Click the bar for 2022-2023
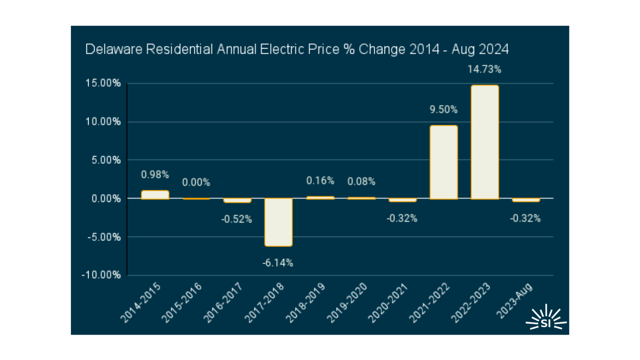point(485,142)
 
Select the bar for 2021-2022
point(443,162)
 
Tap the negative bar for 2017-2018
point(278,222)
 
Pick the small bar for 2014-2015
point(155,195)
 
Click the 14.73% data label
point(484,69)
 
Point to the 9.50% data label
point(443,110)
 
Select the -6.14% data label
point(278,263)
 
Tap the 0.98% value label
point(155,175)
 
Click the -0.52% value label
point(237,219)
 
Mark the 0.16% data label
point(320,181)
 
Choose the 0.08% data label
point(361,182)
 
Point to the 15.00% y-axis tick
point(103,83)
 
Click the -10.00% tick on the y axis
point(102,275)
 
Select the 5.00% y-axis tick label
point(105,160)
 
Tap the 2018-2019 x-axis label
point(306,303)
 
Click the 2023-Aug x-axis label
point(515,301)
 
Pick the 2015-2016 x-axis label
point(182,303)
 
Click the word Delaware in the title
point(114,49)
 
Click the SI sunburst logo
point(546,318)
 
